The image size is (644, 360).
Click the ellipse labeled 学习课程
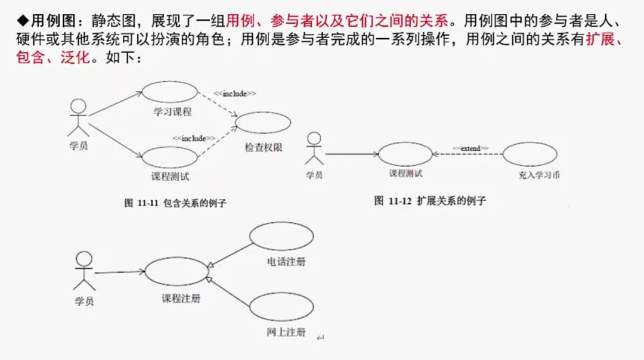point(169,92)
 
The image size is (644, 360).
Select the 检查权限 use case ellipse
point(263,122)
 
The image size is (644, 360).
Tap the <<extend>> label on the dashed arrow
point(470,148)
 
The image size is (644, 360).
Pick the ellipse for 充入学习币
point(530,154)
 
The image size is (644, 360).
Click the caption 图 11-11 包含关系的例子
point(175,203)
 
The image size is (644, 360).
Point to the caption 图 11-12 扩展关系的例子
point(430,201)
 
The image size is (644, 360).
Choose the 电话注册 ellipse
point(281,237)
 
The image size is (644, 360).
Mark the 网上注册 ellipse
point(281,307)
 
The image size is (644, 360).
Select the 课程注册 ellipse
point(177,272)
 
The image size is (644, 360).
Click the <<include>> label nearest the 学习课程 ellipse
point(235,94)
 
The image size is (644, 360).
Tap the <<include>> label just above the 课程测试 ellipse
point(194,138)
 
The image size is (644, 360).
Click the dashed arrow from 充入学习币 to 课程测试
point(467,154)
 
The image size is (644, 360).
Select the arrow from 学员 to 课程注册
point(119,272)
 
